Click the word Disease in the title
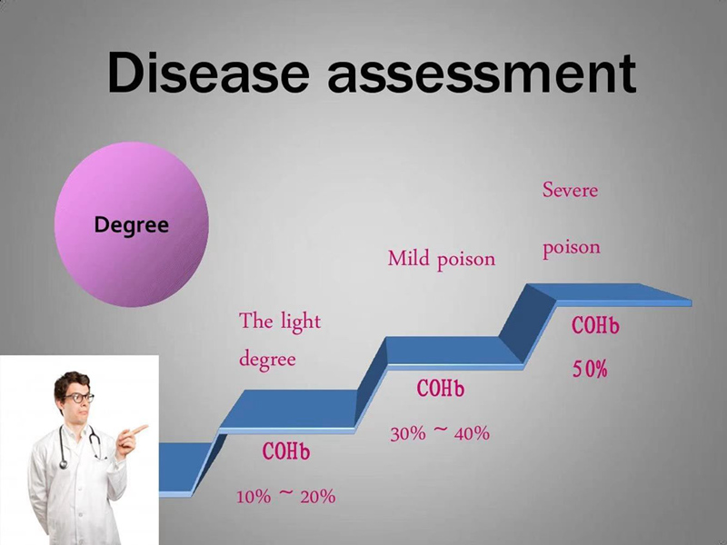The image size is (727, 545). (208, 73)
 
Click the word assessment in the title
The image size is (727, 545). (482, 74)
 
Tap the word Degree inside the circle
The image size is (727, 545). (131, 225)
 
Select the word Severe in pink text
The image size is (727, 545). (570, 190)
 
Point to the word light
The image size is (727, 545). (300, 322)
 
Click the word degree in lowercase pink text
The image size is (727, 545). (267, 360)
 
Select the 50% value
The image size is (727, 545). (589, 370)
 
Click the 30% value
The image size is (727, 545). (407, 434)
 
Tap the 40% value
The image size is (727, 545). (472, 433)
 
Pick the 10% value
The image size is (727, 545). (254, 497)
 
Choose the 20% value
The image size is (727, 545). (317, 497)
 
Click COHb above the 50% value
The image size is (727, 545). (595, 325)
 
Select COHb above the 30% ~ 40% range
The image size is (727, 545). (440, 389)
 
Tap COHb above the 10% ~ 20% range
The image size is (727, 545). (285, 451)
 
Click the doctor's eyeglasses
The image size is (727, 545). (79, 398)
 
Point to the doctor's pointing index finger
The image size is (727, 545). (137, 429)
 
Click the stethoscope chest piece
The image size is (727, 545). (64, 463)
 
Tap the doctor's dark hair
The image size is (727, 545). (71, 383)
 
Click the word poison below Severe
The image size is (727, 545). (572, 248)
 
